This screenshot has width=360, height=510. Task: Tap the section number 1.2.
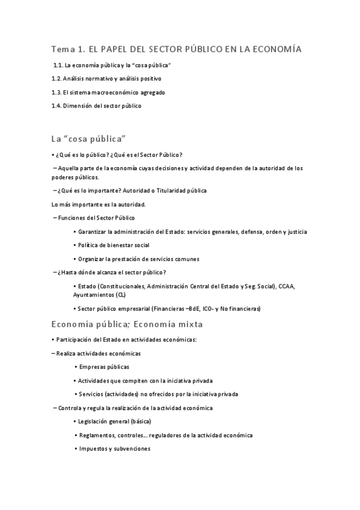click(x=57, y=79)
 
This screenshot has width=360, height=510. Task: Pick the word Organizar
click(x=92, y=259)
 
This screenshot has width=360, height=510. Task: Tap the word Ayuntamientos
click(x=94, y=295)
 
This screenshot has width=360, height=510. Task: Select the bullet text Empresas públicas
click(x=105, y=367)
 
